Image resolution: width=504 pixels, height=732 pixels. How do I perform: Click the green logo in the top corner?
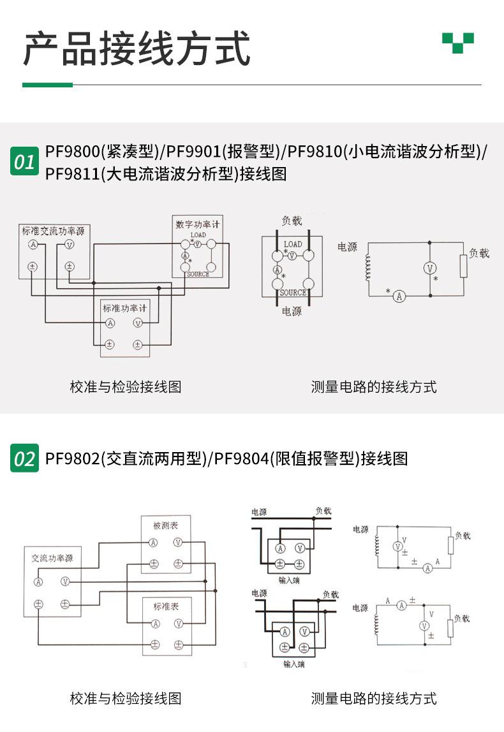click(458, 43)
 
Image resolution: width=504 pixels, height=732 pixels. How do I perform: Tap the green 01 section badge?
click(24, 162)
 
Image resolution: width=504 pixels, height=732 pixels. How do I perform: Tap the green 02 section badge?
click(24, 458)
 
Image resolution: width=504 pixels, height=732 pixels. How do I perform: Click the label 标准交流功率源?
click(53, 231)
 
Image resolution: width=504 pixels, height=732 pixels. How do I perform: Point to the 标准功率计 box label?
click(125, 309)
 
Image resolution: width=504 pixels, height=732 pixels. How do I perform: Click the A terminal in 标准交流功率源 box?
click(33, 245)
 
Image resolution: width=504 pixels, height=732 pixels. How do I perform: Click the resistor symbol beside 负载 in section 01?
click(464, 266)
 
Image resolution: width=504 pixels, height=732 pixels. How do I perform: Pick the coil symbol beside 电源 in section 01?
click(367, 268)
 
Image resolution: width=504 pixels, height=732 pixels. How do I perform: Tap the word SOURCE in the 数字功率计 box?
click(197, 274)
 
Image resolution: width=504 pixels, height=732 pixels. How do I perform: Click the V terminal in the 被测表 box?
click(178, 543)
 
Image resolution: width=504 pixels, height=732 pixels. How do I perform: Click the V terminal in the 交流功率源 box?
click(64, 582)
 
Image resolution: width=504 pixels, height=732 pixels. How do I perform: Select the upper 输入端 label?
click(289, 580)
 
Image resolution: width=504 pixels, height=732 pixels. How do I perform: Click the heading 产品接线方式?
click(137, 48)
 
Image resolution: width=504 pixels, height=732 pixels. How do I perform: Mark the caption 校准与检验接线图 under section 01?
click(125, 386)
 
